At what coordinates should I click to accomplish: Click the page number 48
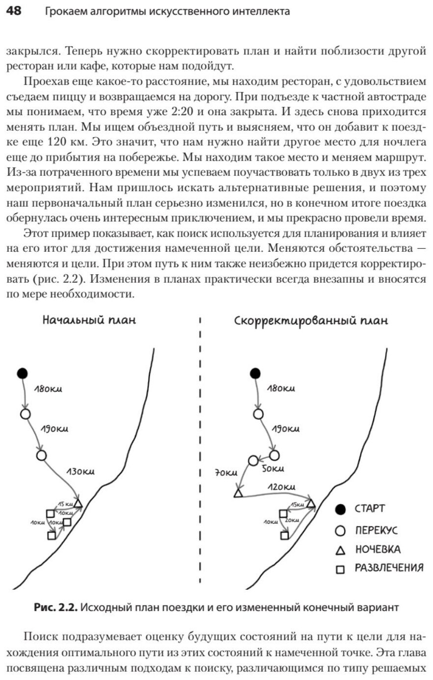click(x=14, y=11)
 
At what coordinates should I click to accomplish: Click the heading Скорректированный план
click(x=311, y=321)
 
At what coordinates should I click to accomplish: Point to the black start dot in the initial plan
click(x=22, y=373)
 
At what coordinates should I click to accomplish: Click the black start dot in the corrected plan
click(x=255, y=373)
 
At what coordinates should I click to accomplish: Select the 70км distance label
click(x=226, y=473)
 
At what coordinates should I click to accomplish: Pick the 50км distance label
click(x=273, y=469)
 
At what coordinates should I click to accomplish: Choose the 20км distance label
click(x=291, y=520)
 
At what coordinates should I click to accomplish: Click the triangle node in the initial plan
click(x=78, y=503)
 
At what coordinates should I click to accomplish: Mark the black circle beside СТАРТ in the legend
click(x=340, y=510)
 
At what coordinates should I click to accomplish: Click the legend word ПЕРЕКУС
click(x=376, y=531)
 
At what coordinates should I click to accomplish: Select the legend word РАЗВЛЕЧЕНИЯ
click(x=389, y=568)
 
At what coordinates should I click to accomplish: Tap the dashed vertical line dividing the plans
click(x=200, y=451)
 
